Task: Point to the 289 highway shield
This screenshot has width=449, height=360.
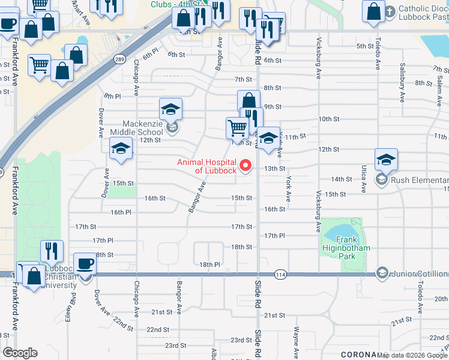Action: click(119, 59)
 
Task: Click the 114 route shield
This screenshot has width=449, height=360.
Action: click(280, 274)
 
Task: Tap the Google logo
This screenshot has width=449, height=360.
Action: click(20, 353)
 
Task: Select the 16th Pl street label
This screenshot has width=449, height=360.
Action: click(104, 212)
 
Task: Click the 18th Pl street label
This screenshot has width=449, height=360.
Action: click(210, 264)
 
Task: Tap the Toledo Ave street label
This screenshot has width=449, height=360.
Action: click(378, 53)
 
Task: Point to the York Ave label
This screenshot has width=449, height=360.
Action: click(288, 189)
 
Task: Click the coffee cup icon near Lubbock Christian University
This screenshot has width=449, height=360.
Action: click(86, 265)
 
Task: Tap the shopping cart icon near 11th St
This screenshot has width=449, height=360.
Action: click(237, 127)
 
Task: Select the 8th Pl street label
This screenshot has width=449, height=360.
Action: click(112, 95)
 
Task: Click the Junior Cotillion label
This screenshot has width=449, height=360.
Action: click(420, 274)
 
